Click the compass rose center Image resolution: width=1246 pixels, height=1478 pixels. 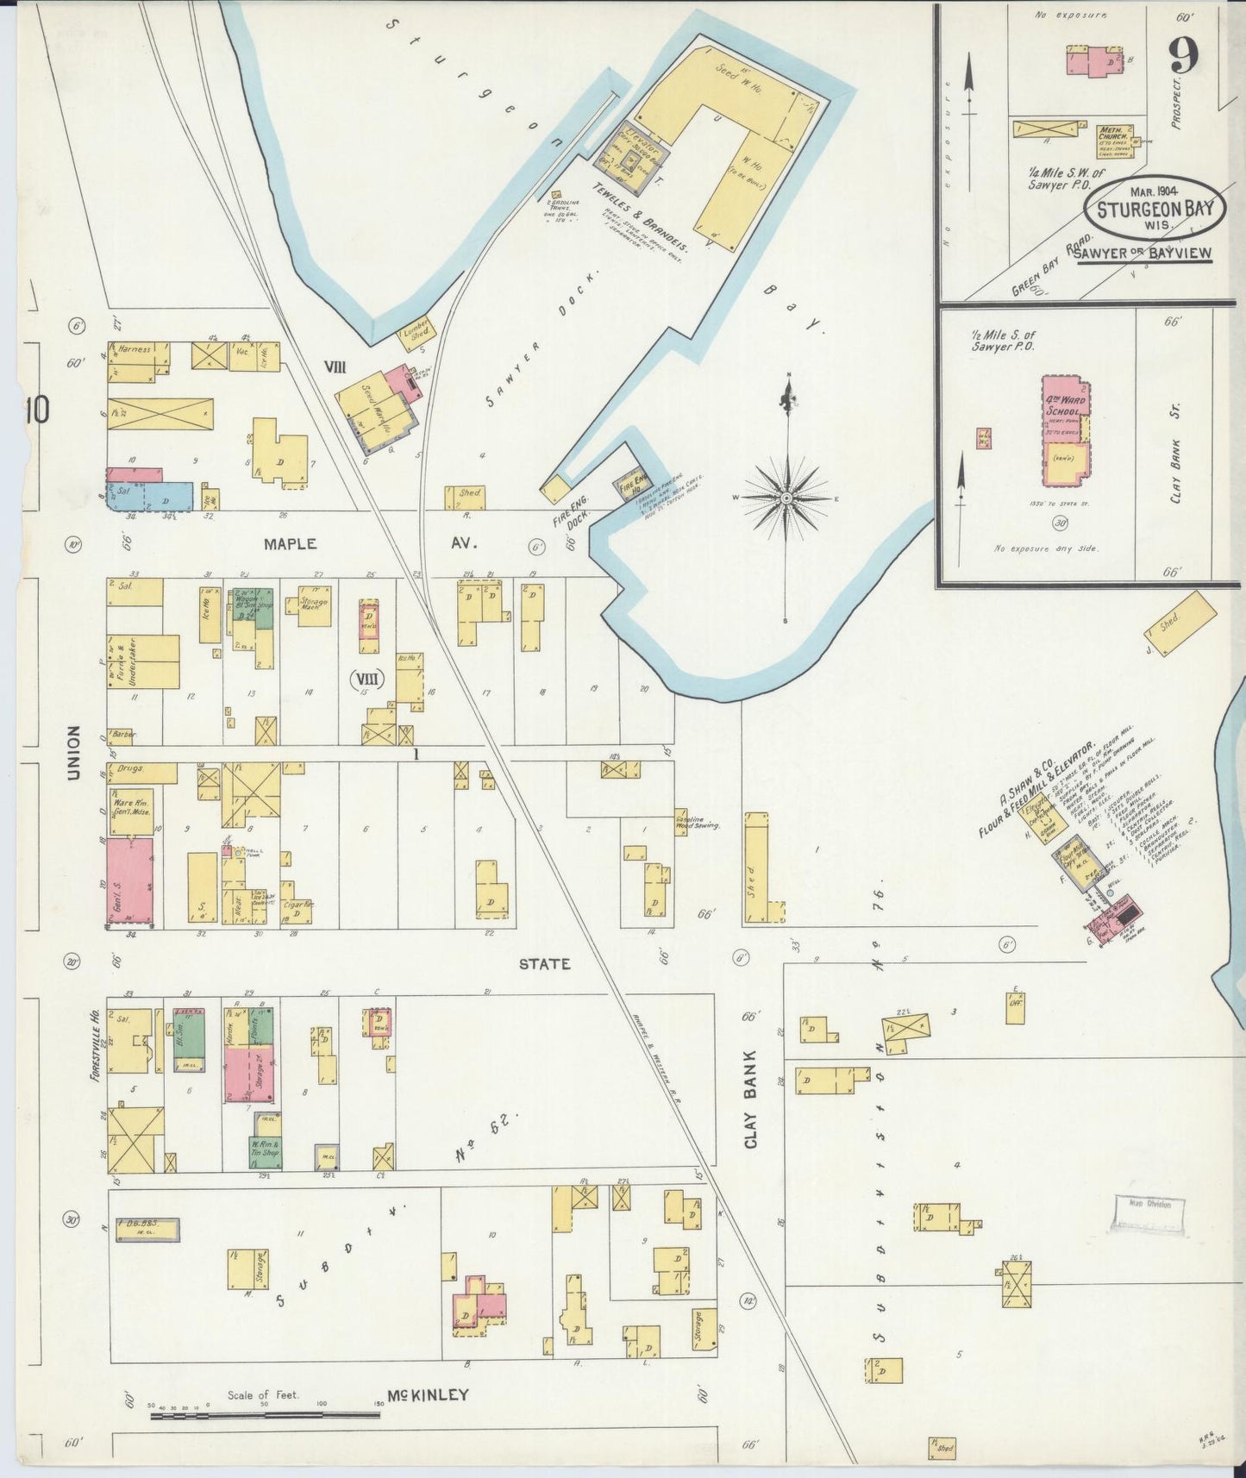(x=787, y=498)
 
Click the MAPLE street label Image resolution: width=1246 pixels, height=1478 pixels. (x=291, y=544)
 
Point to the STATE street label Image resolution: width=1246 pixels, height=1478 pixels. (x=544, y=963)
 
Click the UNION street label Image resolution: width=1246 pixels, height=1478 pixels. (x=74, y=754)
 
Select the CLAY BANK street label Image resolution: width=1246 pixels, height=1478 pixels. (x=750, y=1099)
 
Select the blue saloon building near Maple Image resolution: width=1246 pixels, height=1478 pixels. (x=164, y=498)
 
